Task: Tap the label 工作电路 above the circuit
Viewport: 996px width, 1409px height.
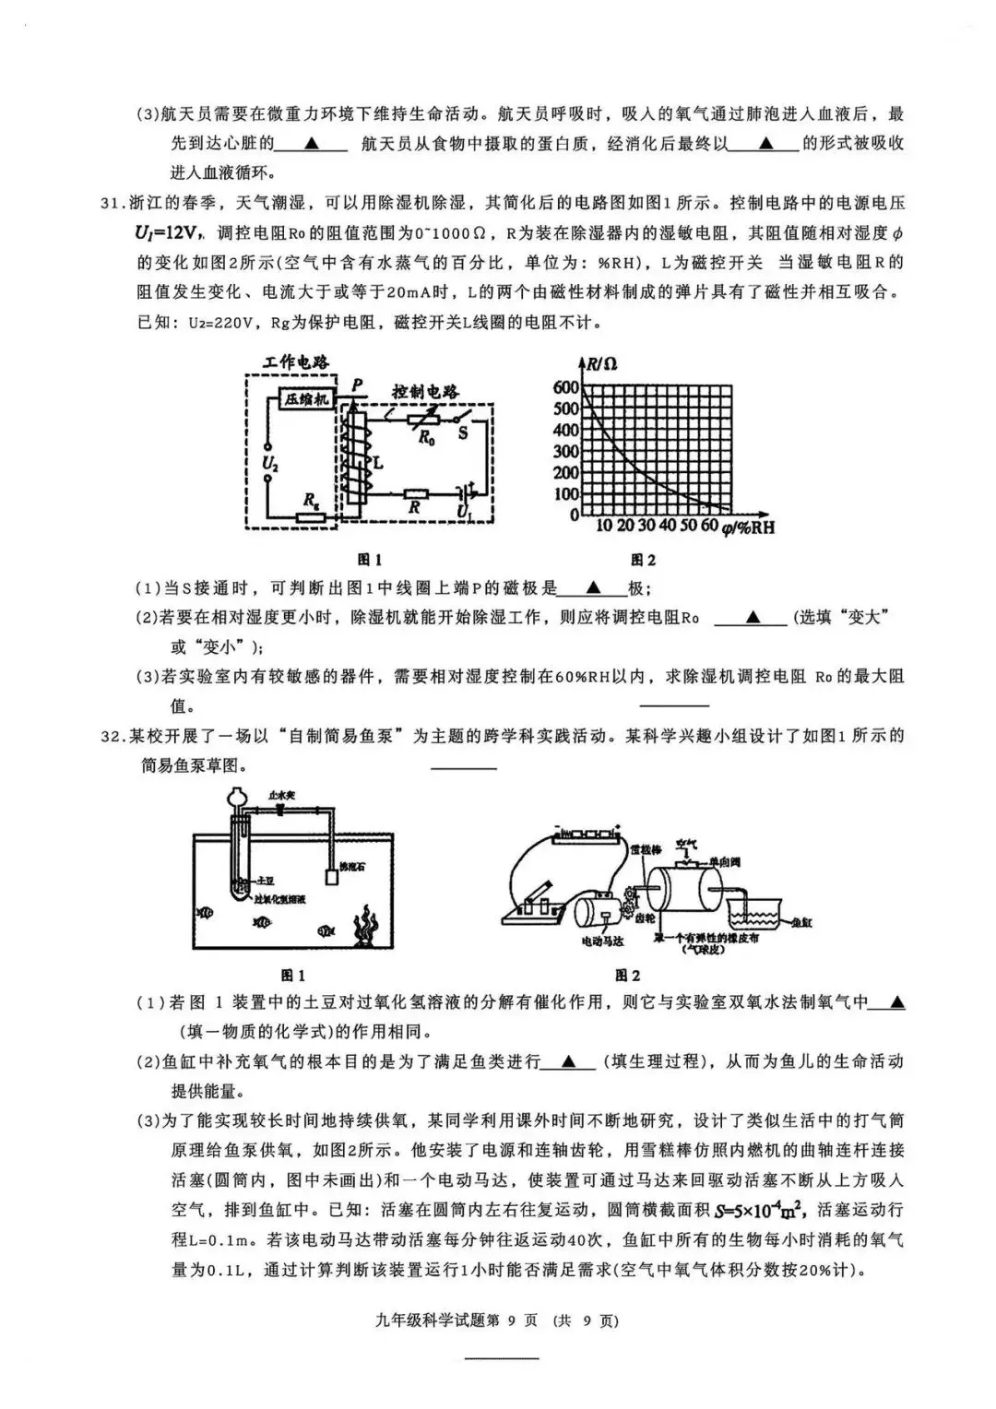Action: point(296,362)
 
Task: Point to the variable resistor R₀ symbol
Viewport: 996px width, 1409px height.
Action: point(430,420)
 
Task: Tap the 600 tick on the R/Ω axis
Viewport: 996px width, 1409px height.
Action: point(565,388)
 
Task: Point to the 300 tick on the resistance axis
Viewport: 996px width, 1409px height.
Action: point(565,452)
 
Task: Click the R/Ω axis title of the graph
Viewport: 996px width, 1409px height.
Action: point(601,363)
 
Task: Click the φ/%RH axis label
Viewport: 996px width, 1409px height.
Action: point(748,527)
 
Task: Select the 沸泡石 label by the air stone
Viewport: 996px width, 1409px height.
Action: point(352,867)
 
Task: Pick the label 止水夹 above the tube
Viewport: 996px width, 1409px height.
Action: point(280,792)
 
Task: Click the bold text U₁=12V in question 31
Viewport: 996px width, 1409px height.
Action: point(166,232)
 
